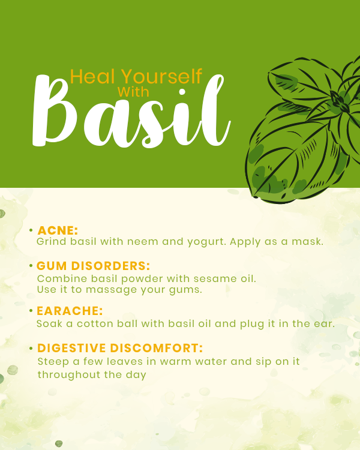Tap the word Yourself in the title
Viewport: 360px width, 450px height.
point(162,76)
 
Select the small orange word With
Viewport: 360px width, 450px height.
point(133,92)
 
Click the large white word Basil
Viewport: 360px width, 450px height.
point(131,111)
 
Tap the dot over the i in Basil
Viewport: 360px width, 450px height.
point(182,92)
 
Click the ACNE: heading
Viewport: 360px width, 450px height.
point(58,230)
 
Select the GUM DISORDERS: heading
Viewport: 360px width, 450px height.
point(94,266)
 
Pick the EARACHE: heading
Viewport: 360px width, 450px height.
point(70,311)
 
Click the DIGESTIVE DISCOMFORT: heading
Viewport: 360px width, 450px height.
point(120,348)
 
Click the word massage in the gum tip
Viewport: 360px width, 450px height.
point(112,290)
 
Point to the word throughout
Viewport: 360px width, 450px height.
point(69,375)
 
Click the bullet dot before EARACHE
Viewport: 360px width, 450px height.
point(31,311)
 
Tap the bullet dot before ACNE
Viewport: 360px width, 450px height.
point(31,230)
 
